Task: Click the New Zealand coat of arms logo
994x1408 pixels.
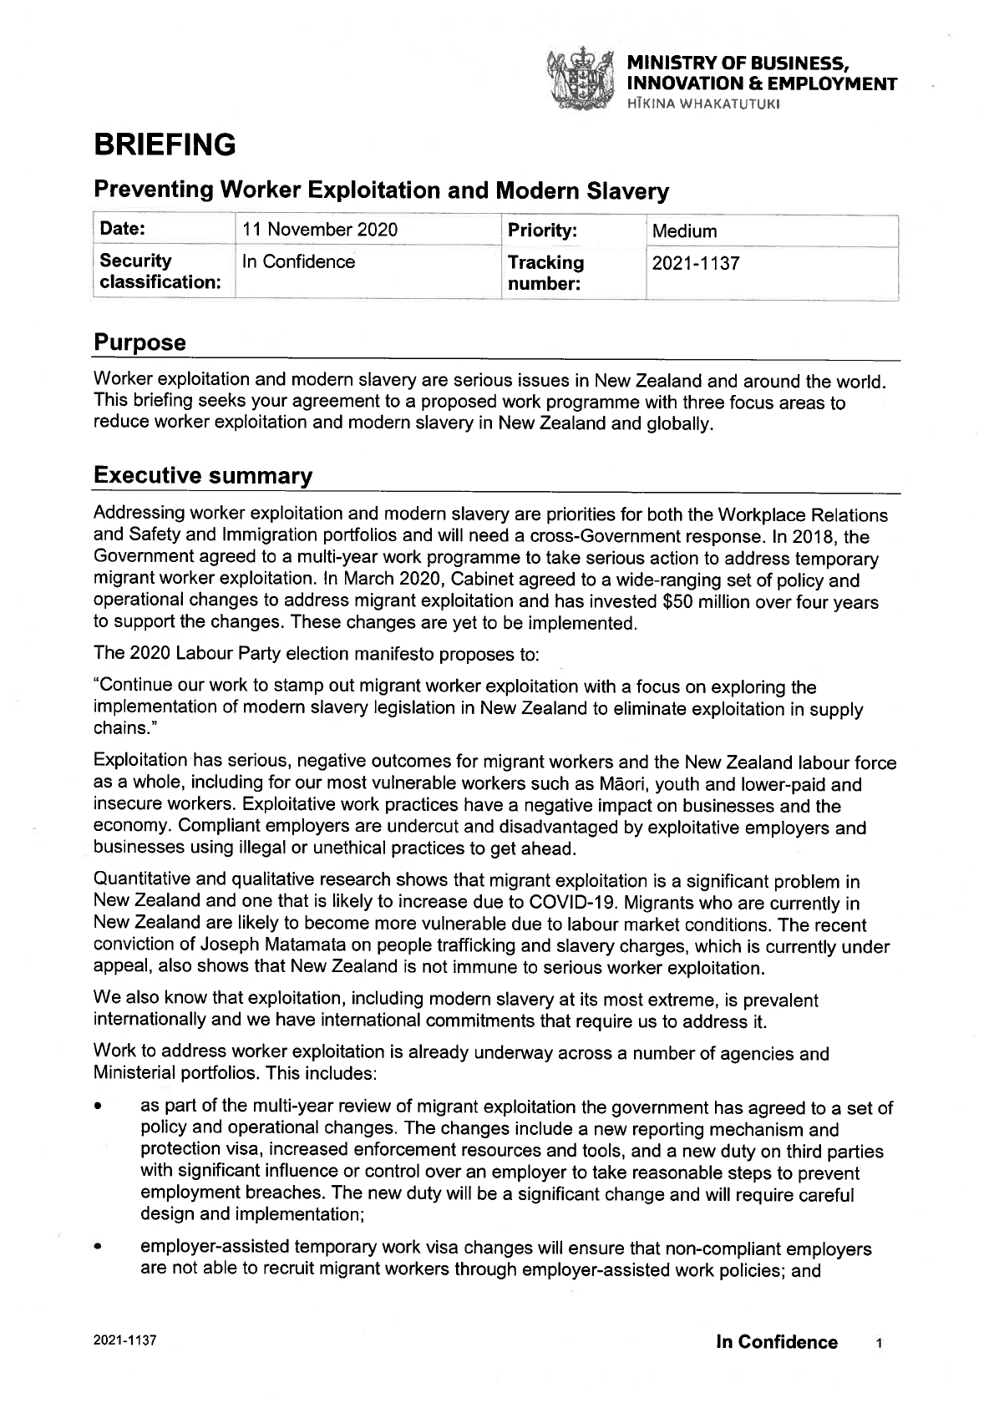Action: point(579,80)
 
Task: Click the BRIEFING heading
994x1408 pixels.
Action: point(165,145)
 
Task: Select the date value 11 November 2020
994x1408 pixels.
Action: point(319,230)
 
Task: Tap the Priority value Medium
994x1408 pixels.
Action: point(684,231)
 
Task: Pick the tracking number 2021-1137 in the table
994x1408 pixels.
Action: point(695,263)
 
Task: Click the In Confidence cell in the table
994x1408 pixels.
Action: point(298,262)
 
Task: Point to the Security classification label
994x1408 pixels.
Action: point(160,272)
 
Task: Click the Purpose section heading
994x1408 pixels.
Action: point(139,342)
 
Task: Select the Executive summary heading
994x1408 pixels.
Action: point(203,476)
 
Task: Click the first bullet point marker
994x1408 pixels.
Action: point(99,1109)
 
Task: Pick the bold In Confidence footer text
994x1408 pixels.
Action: point(776,1342)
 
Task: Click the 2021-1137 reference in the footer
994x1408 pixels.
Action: point(124,1340)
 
